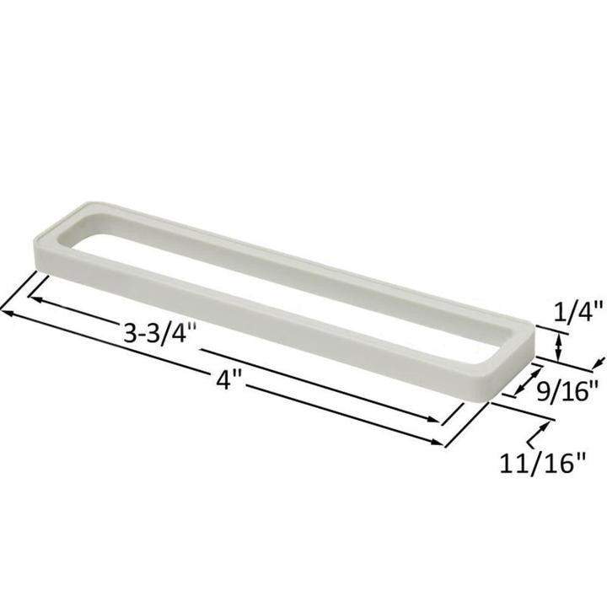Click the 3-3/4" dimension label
(x=159, y=331)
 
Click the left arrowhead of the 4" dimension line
(x=7, y=313)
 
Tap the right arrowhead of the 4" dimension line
(x=439, y=441)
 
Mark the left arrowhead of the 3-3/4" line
(x=35, y=297)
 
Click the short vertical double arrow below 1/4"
(x=558, y=344)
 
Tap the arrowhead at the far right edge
(x=599, y=363)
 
